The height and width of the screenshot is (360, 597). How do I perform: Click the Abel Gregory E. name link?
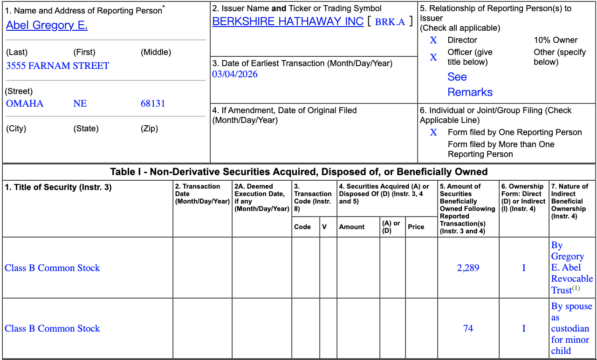tap(47, 25)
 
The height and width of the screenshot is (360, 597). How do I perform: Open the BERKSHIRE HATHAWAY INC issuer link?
tap(288, 21)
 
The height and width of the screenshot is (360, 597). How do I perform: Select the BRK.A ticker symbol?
tap(390, 22)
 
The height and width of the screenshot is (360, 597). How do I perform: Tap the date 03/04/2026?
tap(235, 74)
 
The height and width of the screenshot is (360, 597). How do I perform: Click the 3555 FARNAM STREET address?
tap(57, 66)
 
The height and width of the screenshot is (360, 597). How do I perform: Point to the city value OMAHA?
tap(25, 103)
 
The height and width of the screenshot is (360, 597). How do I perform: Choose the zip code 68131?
tap(153, 103)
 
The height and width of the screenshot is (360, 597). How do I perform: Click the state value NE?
tap(80, 103)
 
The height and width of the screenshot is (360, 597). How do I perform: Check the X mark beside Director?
tap(433, 41)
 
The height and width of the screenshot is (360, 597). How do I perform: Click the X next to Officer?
tap(433, 57)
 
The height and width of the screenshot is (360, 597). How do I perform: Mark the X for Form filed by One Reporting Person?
tap(433, 133)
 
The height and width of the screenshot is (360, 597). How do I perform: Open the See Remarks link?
tap(470, 84)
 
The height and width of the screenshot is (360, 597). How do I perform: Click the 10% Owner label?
tap(556, 40)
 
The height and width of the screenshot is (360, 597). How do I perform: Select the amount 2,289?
tap(468, 268)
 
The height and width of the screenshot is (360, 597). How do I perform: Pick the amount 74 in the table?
tap(468, 328)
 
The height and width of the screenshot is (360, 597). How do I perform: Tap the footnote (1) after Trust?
tap(576, 288)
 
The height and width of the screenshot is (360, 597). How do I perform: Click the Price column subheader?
tap(416, 227)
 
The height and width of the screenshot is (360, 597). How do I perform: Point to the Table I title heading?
tap(299, 172)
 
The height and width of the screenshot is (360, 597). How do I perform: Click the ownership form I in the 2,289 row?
tap(524, 268)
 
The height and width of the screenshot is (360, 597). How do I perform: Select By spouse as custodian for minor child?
tap(571, 328)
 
